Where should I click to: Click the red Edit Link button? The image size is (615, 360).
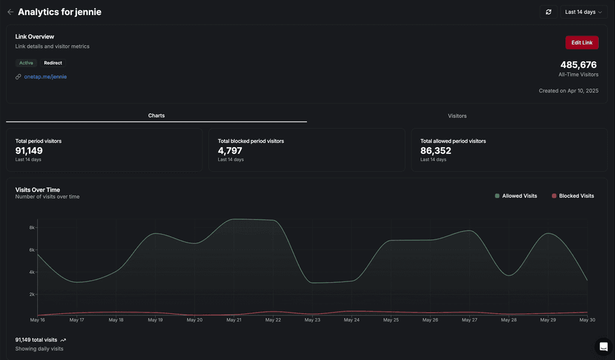pos(581,43)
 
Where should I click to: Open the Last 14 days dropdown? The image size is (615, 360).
pos(584,12)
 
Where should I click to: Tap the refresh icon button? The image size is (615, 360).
pos(548,12)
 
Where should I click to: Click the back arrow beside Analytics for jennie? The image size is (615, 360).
pos(10,12)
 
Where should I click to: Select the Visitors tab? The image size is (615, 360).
pos(457,116)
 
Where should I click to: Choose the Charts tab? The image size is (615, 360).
pos(156,115)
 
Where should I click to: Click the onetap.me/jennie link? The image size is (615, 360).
pos(45,76)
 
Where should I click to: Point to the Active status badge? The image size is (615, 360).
pos(26,63)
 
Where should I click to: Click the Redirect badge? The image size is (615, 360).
pos(53,63)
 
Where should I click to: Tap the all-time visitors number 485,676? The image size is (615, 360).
pos(578,65)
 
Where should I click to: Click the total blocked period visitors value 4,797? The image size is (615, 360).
pos(230,151)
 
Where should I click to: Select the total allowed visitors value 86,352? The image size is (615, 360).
pos(435,151)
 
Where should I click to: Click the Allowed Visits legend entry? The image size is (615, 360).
pos(516,196)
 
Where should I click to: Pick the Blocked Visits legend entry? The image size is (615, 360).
pos(572,196)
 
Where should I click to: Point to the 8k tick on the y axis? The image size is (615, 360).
pos(32,228)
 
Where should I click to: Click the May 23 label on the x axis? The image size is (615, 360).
pos(312,320)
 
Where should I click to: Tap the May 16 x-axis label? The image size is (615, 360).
pos(37,320)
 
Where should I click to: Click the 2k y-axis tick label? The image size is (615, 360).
pos(32,294)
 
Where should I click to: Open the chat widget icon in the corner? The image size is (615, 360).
pos(604,347)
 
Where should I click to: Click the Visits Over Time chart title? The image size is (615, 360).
pos(38,190)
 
